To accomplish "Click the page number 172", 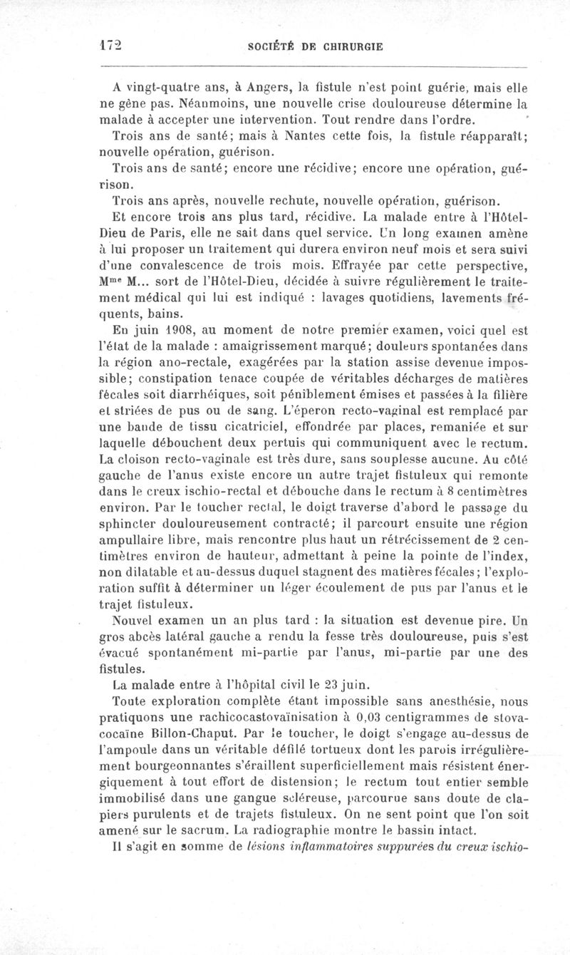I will (x=110, y=45).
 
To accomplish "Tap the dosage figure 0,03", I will (x=385, y=718).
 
